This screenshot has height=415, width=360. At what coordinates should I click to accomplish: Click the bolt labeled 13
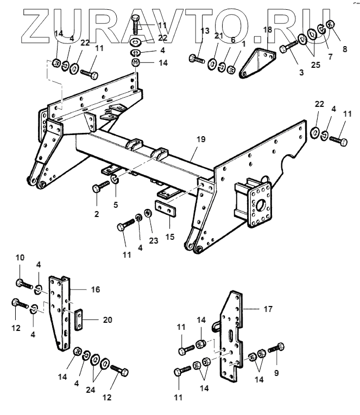(x=196, y=57)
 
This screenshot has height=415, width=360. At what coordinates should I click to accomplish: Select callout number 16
(x=95, y=290)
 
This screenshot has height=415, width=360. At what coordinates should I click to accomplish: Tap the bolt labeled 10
(x=22, y=283)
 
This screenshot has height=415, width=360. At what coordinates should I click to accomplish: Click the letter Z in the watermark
(x=33, y=24)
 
